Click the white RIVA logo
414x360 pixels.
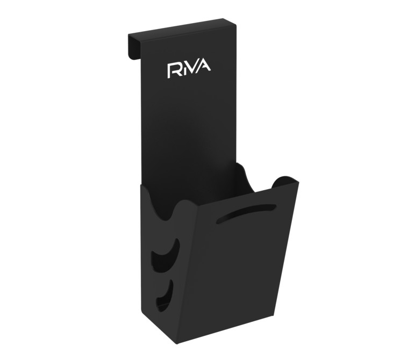point(189,70)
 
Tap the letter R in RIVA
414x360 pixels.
point(174,71)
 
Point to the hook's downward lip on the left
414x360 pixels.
point(134,46)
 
